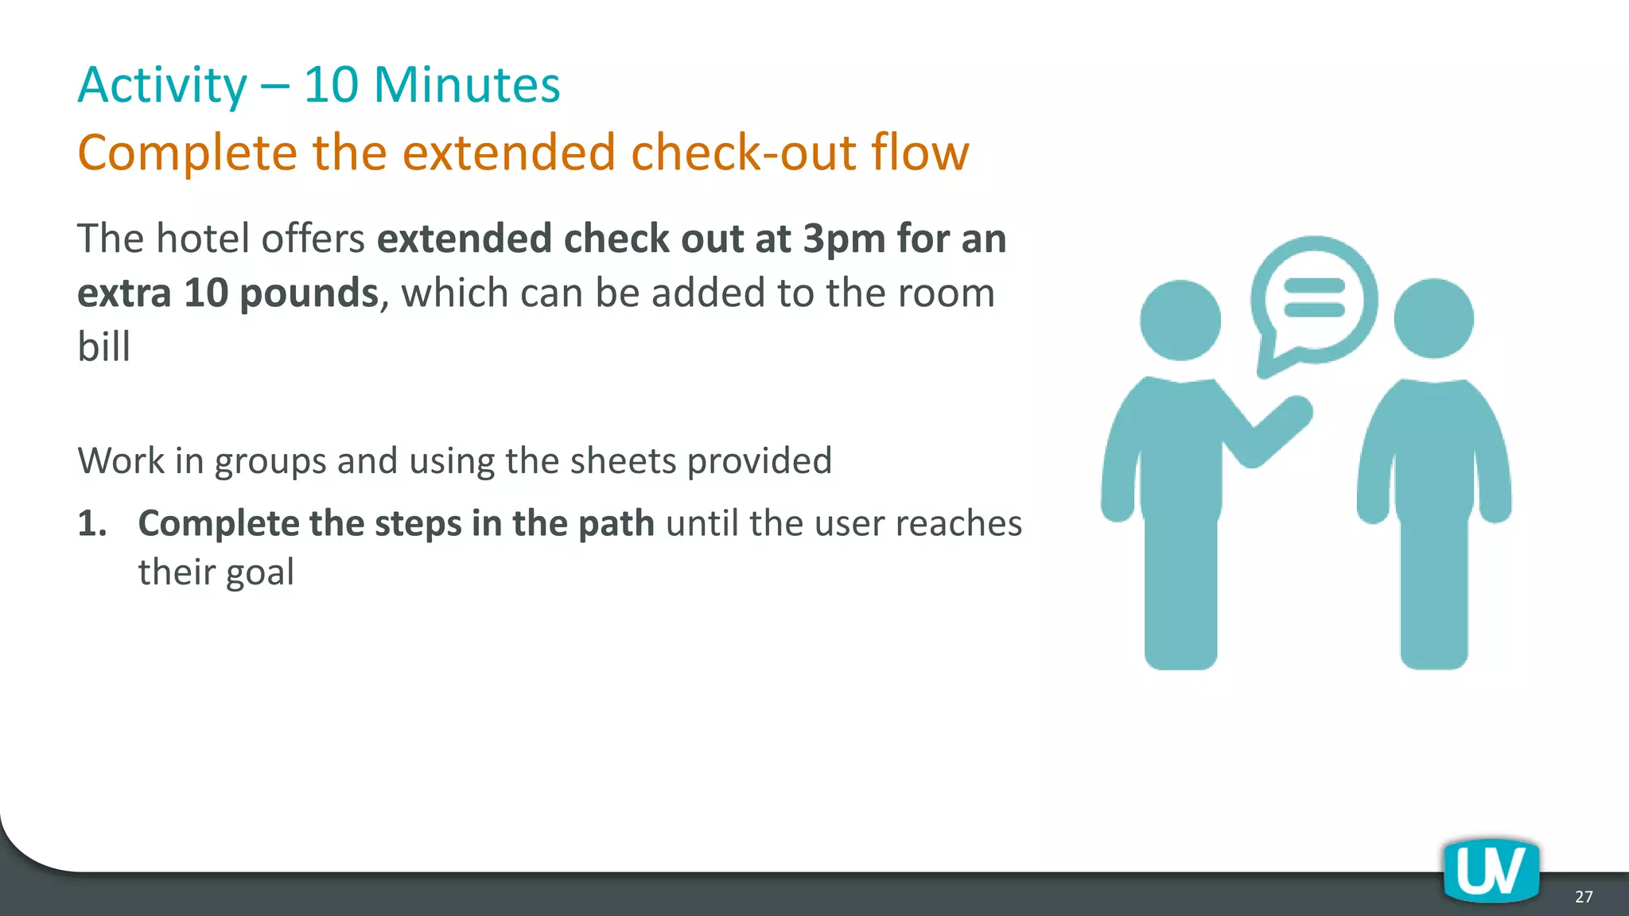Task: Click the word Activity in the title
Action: click(162, 85)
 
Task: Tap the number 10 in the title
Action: click(331, 85)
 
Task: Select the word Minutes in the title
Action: click(467, 85)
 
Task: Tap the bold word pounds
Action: click(309, 293)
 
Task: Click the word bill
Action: click(103, 347)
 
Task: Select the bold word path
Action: click(616, 524)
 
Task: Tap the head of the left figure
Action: click(1180, 320)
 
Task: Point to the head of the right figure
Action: click(1433, 318)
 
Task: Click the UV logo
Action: click(1491, 871)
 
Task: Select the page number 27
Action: click(1584, 897)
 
